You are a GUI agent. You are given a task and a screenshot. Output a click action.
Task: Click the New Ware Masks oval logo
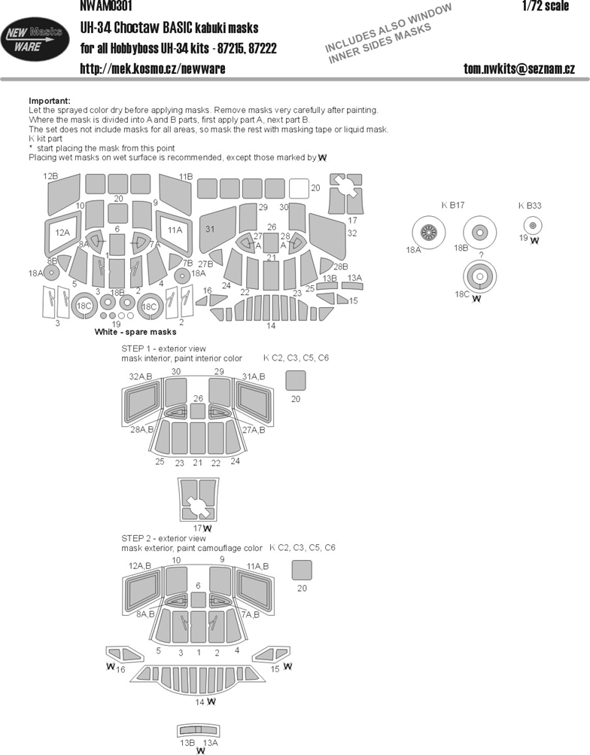coord(35,39)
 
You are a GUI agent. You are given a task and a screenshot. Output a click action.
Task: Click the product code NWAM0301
coord(106,6)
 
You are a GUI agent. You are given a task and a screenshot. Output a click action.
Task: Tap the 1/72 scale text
coord(546,6)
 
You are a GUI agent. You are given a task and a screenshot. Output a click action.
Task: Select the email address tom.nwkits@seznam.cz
coord(519,68)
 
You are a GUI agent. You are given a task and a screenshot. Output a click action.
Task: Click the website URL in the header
coord(153,68)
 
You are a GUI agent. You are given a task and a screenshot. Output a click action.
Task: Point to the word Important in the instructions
coord(50,101)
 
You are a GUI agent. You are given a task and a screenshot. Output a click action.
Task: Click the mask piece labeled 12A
coord(62,233)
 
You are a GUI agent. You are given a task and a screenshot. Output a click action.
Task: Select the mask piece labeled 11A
coord(174,231)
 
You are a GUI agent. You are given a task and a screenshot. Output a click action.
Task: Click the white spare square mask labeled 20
coord(299,188)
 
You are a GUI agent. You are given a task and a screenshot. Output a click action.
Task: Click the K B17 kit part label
coord(453,205)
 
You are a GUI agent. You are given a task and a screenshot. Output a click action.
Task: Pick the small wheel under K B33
coord(532,225)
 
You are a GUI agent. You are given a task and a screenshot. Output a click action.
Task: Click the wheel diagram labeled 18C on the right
coord(480,277)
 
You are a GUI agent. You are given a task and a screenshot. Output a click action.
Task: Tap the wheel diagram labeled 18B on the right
coord(479,233)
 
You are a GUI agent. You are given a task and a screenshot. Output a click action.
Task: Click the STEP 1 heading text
coord(163,349)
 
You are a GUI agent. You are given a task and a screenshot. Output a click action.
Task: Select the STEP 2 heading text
coord(163,538)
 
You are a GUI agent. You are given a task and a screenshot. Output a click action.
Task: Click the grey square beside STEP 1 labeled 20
coord(296,380)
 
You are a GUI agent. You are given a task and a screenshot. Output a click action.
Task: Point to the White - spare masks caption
coord(135,332)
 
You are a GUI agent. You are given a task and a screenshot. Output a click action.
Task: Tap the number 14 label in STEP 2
coord(199,702)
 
